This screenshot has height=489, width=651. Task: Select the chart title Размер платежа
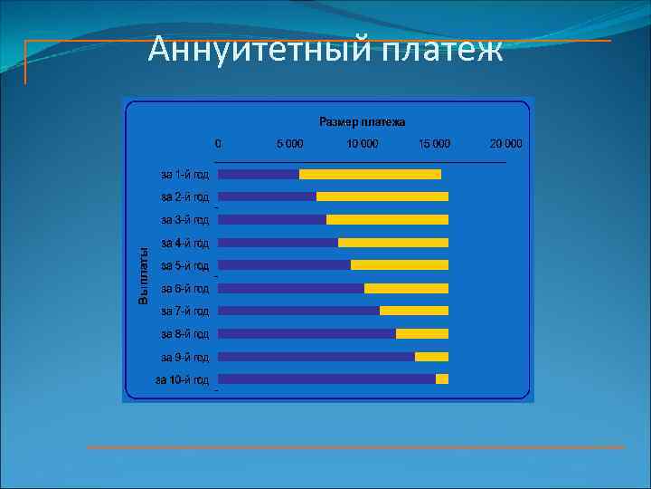[x=362, y=121]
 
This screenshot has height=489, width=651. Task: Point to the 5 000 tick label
[x=290, y=143]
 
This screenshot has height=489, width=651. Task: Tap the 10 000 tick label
[x=362, y=143]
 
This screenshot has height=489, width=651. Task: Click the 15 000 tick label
[x=434, y=143]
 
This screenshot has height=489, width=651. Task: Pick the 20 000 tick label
[x=505, y=143]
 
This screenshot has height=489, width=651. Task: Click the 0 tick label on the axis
[x=218, y=143]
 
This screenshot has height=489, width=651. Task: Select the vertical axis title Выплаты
[x=143, y=276]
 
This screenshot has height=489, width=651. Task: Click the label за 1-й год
[x=184, y=174]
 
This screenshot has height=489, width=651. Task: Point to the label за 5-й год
[x=184, y=265]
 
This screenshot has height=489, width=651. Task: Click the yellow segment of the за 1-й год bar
[x=370, y=174]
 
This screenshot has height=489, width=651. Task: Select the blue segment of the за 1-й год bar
[x=259, y=174]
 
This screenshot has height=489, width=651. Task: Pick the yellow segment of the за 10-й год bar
[x=442, y=379]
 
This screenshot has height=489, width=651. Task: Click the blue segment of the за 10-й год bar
[x=326, y=379]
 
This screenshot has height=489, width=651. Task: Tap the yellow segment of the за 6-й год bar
[x=406, y=288]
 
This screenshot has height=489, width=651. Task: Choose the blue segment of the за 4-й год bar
[x=278, y=243]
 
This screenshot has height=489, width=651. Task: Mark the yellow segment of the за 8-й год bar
[x=422, y=333]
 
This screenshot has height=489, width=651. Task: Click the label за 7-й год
[x=184, y=311]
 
